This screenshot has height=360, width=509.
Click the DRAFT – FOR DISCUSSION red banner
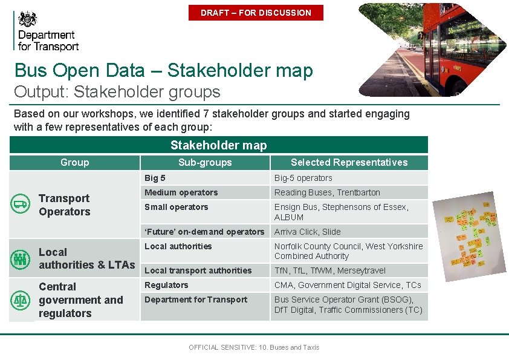(x=256, y=13)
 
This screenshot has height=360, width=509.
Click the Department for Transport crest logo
(x=28, y=19)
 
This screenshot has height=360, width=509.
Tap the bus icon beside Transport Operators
(x=20, y=205)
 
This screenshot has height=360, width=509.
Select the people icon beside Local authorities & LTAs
(x=20, y=259)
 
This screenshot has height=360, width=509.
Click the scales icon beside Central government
(x=20, y=299)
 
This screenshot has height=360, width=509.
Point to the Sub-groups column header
(x=205, y=162)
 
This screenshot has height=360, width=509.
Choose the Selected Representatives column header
(x=349, y=162)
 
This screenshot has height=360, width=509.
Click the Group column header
(x=74, y=162)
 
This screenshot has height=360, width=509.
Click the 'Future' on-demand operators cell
(x=205, y=232)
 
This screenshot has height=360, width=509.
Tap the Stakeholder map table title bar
(x=218, y=145)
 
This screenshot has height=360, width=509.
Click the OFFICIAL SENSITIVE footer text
(x=254, y=347)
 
